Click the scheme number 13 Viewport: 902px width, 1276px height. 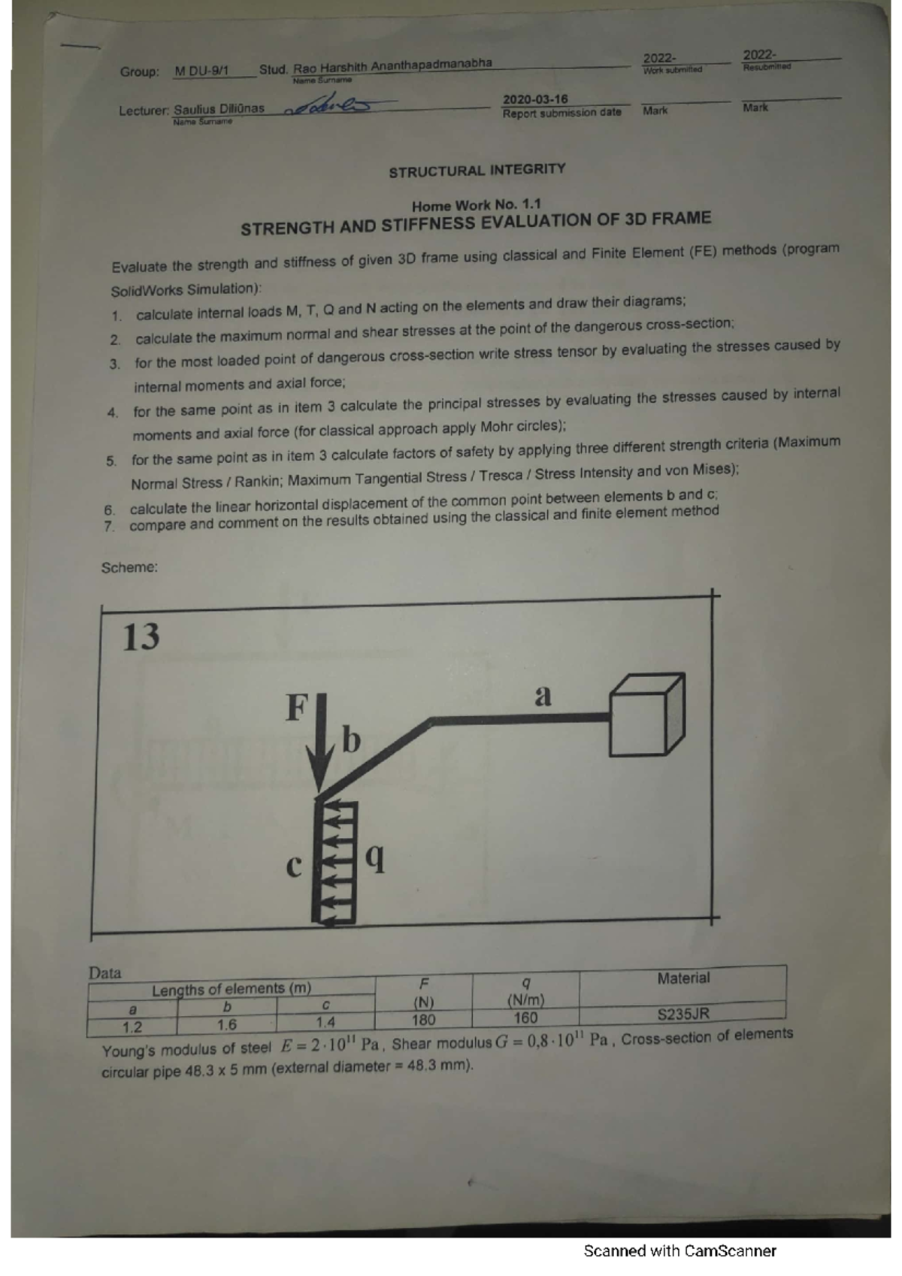click(x=141, y=636)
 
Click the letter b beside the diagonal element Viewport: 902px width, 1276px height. click(x=351, y=739)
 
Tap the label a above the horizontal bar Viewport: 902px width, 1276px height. click(x=542, y=695)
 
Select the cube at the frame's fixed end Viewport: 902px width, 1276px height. click(x=646, y=715)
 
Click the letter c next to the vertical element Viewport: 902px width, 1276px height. click(x=294, y=866)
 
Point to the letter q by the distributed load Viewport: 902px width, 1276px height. click(x=376, y=858)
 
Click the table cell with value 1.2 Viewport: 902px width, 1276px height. click(x=132, y=1027)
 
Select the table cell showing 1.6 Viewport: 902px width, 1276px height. click(x=226, y=1025)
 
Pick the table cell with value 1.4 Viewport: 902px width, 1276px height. click(x=325, y=1021)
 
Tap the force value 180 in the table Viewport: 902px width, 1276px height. click(x=423, y=1020)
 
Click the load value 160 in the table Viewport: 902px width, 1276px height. click(x=525, y=1017)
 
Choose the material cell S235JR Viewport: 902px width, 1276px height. click(x=683, y=1014)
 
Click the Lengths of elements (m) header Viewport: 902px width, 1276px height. click(x=231, y=989)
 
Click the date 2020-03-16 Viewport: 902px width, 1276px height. click(x=535, y=99)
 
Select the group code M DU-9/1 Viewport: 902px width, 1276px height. click(x=201, y=71)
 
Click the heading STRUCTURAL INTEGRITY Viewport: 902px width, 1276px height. click(x=477, y=171)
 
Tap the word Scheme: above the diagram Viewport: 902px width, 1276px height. click(x=129, y=567)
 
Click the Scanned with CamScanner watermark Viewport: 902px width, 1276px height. click(x=680, y=1250)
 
